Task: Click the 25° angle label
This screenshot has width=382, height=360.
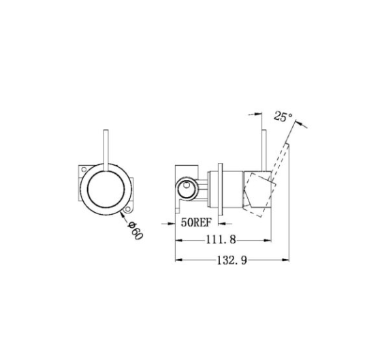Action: (x=283, y=117)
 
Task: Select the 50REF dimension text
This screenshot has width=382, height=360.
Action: (x=196, y=222)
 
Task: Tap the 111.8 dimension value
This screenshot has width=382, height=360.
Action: (x=221, y=240)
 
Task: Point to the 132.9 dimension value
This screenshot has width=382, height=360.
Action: (x=232, y=260)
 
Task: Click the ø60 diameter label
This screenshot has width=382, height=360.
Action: (x=135, y=230)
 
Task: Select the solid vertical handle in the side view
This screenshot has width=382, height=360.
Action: (x=264, y=151)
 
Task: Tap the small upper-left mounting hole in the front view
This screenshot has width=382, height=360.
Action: (x=84, y=169)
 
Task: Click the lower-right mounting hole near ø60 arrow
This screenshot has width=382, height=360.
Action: (x=127, y=209)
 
